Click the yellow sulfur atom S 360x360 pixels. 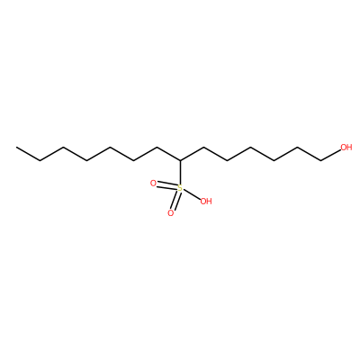click(180, 188)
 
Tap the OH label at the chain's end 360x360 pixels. click(346, 148)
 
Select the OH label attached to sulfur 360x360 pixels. click(206, 202)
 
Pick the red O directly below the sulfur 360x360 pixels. click(171, 213)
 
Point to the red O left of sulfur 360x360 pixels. click(153, 184)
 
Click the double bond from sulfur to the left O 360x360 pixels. click(166, 186)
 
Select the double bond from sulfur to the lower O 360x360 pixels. click(175, 201)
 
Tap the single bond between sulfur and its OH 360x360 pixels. click(192, 194)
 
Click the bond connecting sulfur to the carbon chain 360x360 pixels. click(180, 173)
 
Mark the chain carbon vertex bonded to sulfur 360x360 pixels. click(180, 161)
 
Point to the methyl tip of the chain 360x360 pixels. click(16, 148)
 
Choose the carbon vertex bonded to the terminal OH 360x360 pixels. click(320, 161)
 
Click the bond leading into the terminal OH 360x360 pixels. click(330, 155)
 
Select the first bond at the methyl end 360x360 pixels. click(28, 154)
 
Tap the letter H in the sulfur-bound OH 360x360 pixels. click(209, 202)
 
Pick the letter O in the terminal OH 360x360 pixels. click(344, 148)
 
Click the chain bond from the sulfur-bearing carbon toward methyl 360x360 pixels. click(168, 154)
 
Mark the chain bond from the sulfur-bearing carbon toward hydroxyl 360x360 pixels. click(192, 154)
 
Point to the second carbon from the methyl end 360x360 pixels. click(40, 161)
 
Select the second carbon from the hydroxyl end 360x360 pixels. click(297, 148)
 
